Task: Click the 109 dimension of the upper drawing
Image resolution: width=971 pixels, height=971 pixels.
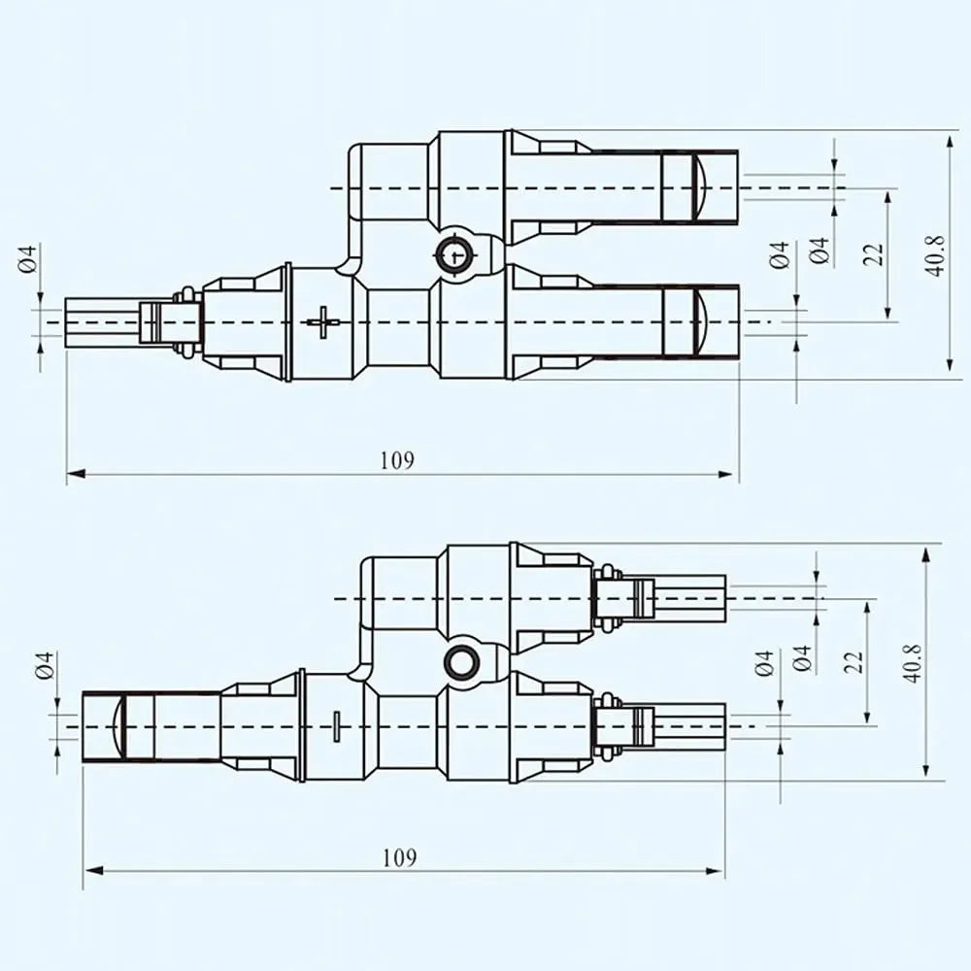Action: [397, 460]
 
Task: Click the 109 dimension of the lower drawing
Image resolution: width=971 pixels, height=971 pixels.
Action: [400, 857]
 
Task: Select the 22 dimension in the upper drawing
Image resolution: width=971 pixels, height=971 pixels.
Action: [874, 254]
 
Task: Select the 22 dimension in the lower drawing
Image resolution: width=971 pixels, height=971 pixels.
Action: [854, 662]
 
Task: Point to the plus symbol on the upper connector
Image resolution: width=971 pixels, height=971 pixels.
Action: [323, 322]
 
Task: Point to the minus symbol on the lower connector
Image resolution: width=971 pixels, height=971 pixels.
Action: [336, 725]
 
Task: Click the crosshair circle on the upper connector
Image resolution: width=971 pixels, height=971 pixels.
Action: [455, 255]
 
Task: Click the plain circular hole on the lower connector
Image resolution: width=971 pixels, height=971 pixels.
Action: [461, 662]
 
